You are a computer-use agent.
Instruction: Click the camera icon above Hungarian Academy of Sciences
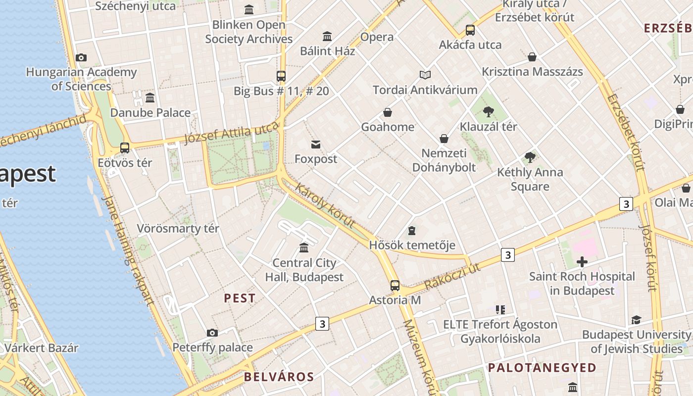coord(81,58)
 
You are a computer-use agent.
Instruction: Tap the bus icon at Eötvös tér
coord(125,148)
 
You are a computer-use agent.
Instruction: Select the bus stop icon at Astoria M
coord(395,286)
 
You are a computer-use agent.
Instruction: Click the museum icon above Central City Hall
coord(304,247)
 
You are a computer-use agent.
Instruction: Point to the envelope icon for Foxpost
coord(315,145)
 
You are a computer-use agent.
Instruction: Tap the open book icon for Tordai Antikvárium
coord(425,75)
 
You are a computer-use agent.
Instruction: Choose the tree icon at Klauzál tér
coord(489,112)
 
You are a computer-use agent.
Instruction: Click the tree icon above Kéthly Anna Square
coord(530,158)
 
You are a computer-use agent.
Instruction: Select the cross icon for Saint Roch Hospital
coord(582,262)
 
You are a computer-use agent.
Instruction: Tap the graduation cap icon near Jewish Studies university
coord(636,320)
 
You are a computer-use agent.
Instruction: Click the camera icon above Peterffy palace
coord(212,333)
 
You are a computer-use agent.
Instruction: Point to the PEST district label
coord(240,298)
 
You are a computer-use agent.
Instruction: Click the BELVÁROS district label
coord(279,377)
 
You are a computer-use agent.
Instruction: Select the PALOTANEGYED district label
coord(542,368)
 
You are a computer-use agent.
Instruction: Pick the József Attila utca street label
coord(231,134)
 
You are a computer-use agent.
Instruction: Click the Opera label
coord(377,37)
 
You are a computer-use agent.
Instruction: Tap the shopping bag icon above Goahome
coord(388,113)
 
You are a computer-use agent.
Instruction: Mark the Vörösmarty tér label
coord(178,229)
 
